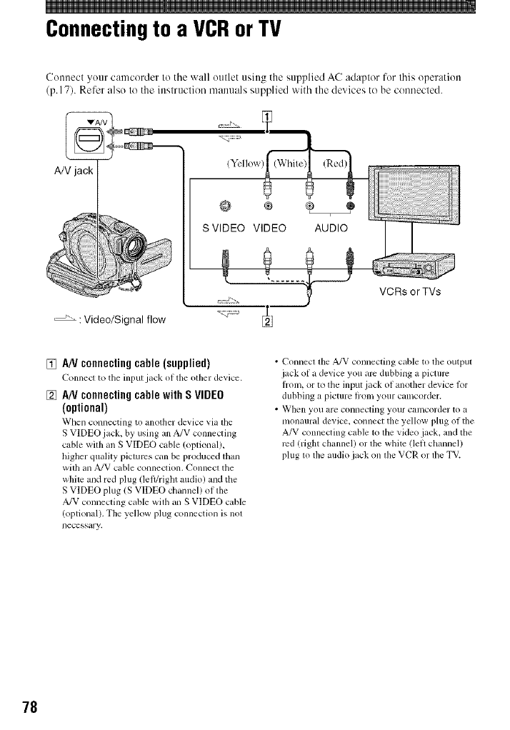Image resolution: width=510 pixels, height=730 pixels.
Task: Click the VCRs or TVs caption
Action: coord(411,291)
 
